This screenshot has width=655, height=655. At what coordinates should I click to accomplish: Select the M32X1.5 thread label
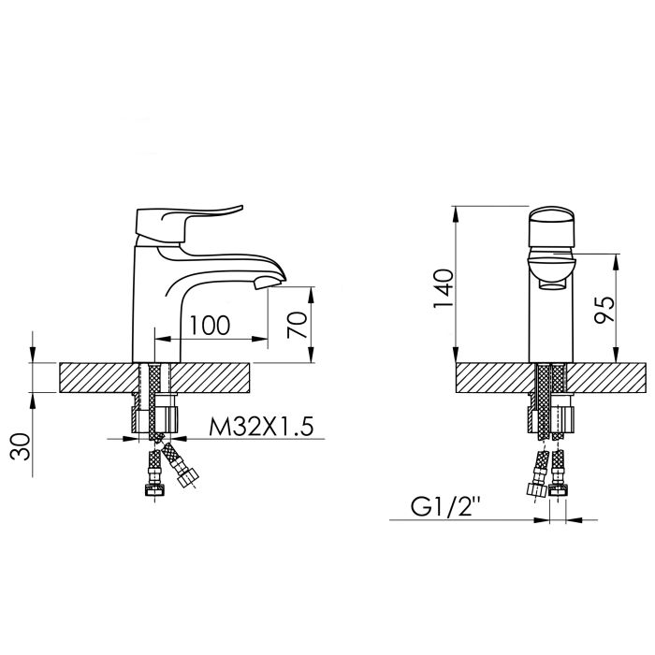click(x=258, y=428)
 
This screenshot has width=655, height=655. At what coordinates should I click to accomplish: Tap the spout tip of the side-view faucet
click(x=272, y=277)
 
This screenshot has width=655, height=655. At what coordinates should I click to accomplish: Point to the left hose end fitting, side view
click(x=149, y=488)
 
